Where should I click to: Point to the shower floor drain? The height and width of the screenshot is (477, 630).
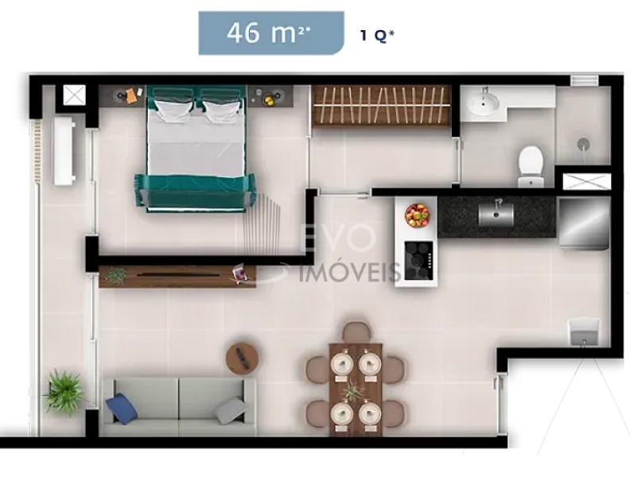click(583, 144)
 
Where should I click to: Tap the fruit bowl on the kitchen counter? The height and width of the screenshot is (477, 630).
click(418, 215)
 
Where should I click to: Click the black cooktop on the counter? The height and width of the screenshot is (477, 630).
click(419, 260)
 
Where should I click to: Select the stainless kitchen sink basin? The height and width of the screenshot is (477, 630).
click(496, 214)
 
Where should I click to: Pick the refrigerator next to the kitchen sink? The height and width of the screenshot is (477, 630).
click(583, 223)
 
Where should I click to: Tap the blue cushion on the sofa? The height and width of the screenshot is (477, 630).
click(122, 408)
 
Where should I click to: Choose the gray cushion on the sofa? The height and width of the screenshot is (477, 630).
click(231, 410)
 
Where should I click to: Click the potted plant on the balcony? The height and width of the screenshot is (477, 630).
click(64, 392)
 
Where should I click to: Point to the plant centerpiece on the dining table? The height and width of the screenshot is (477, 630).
click(352, 390)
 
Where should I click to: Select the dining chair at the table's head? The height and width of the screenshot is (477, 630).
click(357, 332)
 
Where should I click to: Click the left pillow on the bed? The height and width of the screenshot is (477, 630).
click(173, 110)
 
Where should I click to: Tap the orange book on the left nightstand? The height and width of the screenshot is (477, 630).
click(131, 96)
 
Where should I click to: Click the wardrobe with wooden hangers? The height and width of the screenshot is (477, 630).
click(381, 106)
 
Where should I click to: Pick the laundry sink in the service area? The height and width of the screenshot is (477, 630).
click(584, 332)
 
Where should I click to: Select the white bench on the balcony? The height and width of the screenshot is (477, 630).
click(64, 151)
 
